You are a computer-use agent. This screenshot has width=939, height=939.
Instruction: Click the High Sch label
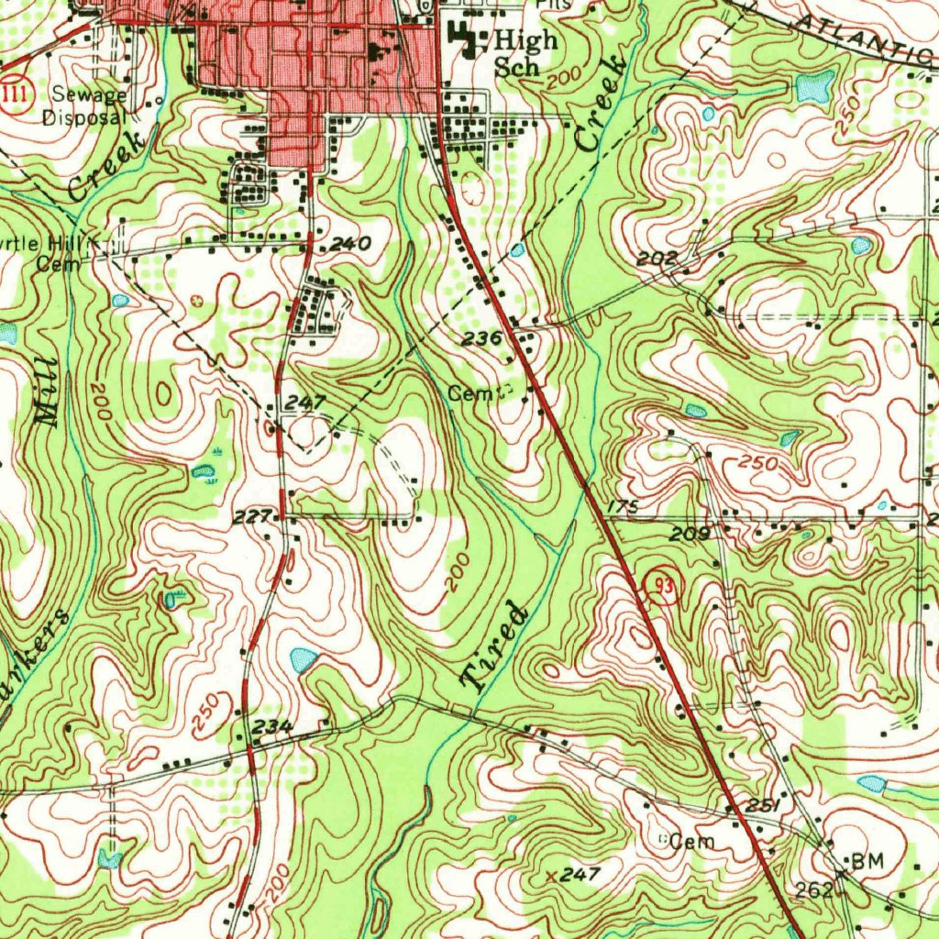tap(525, 52)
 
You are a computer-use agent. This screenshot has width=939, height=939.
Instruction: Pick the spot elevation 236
tap(481, 338)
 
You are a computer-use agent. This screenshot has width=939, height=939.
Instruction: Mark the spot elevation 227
tap(250, 517)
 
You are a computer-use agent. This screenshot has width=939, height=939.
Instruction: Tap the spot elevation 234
tap(272, 726)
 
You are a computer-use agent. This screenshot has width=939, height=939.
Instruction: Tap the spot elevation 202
tap(657, 260)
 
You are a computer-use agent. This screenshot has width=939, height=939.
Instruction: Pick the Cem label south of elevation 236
tap(466, 393)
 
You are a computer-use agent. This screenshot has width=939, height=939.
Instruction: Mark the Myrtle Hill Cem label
tap(50, 253)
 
